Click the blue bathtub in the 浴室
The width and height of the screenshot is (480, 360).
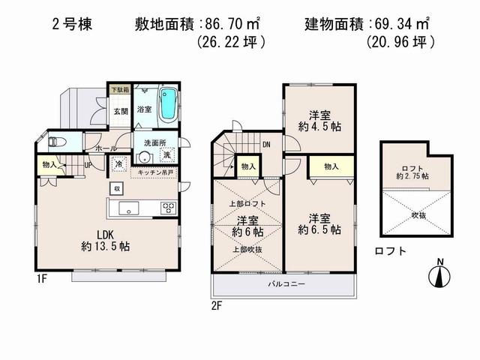tap(170, 103)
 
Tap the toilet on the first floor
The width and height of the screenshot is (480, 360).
tap(57, 141)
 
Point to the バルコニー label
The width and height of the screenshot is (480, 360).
tap(283, 286)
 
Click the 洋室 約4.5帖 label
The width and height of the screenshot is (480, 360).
tap(318, 121)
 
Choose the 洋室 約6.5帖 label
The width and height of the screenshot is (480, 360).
tap(318, 223)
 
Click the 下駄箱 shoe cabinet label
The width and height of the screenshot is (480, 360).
tap(119, 90)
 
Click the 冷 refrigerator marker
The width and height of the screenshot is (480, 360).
tap(119, 163)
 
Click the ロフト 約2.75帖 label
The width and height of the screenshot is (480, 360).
tap(415, 172)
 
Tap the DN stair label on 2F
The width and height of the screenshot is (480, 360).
tap(266, 145)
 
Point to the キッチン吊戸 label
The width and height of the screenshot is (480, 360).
tap(154, 172)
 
